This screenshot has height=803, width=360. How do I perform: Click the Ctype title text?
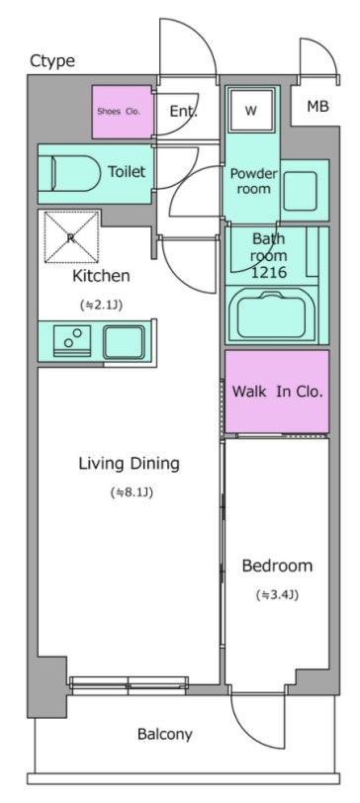coord(52,61)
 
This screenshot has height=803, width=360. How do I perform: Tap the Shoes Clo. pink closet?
coord(123,112)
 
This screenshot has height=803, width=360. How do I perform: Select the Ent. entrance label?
coord(184,111)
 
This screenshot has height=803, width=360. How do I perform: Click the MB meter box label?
coord(317,107)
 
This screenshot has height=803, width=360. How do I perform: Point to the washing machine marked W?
coord(251,111)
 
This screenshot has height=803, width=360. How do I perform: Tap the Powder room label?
coord(253,181)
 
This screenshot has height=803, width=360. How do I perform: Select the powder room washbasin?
coord(300,191)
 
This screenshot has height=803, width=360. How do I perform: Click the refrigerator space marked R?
coord(71,236)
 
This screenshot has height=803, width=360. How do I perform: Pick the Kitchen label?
coord(101,276)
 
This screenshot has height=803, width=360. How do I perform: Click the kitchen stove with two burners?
coord(72,341)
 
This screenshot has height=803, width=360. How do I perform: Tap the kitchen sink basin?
coord(124,341)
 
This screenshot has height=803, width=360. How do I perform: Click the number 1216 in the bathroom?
coord(269,272)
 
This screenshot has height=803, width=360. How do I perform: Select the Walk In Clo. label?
coord(278,393)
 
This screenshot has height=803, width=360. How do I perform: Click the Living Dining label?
coord(129,464)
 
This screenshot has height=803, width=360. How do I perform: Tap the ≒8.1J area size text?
coord(132,492)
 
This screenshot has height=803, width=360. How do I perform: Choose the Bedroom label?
coord(277,566)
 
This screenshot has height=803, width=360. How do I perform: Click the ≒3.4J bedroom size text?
coord(277,595)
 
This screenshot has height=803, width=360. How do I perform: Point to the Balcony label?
coord(165,735)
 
